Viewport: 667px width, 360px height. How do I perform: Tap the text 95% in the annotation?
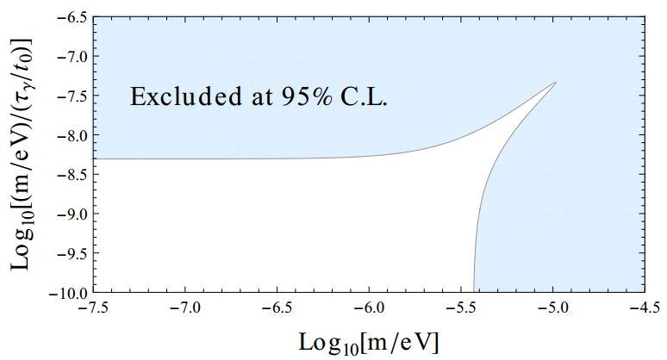299,96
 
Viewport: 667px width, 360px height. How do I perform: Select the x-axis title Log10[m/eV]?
368,342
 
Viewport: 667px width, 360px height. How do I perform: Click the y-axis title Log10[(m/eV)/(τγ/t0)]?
22,153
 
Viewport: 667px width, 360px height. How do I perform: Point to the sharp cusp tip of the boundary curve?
556,83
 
